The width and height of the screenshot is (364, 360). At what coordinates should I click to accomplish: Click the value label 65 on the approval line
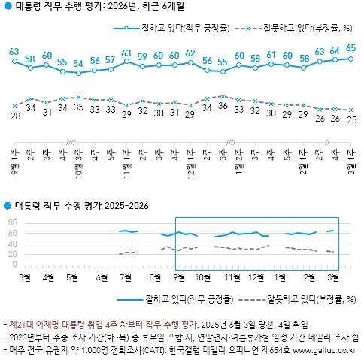coord(351,48)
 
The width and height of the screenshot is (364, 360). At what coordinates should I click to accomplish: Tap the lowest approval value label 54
coord(78,63)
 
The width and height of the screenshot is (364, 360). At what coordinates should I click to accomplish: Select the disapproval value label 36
coord(222,106)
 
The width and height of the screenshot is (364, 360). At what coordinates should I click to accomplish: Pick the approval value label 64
coord(335,50)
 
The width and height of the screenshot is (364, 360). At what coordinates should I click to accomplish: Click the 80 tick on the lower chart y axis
coord(11,223)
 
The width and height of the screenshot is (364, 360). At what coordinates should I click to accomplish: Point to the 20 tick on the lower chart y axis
coord(11,254)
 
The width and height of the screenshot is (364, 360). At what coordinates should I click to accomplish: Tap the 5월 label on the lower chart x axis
coord(73,277)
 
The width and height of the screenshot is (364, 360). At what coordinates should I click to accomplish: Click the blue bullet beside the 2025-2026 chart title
coord(7,204)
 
